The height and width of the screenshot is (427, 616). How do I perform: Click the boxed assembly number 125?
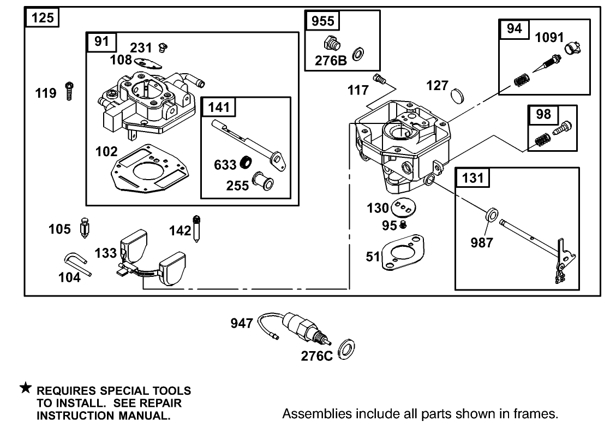pyautogui.click(x=42, y=17)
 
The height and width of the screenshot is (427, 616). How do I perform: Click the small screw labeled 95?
pyautogui.click(x=403, y=224)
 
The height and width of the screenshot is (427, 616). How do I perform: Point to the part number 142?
pyautogui.click(x=180, y=230)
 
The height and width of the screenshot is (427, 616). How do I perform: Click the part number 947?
pyautogui.click(x=242, y=323)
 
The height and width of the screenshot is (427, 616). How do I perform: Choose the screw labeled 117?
pyautogui.click(x=379, y=80)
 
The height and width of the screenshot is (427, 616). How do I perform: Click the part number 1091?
pyautogui.click(x=549, y=37)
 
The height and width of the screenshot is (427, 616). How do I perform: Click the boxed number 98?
pyautogui.click(x=543, y=115)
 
